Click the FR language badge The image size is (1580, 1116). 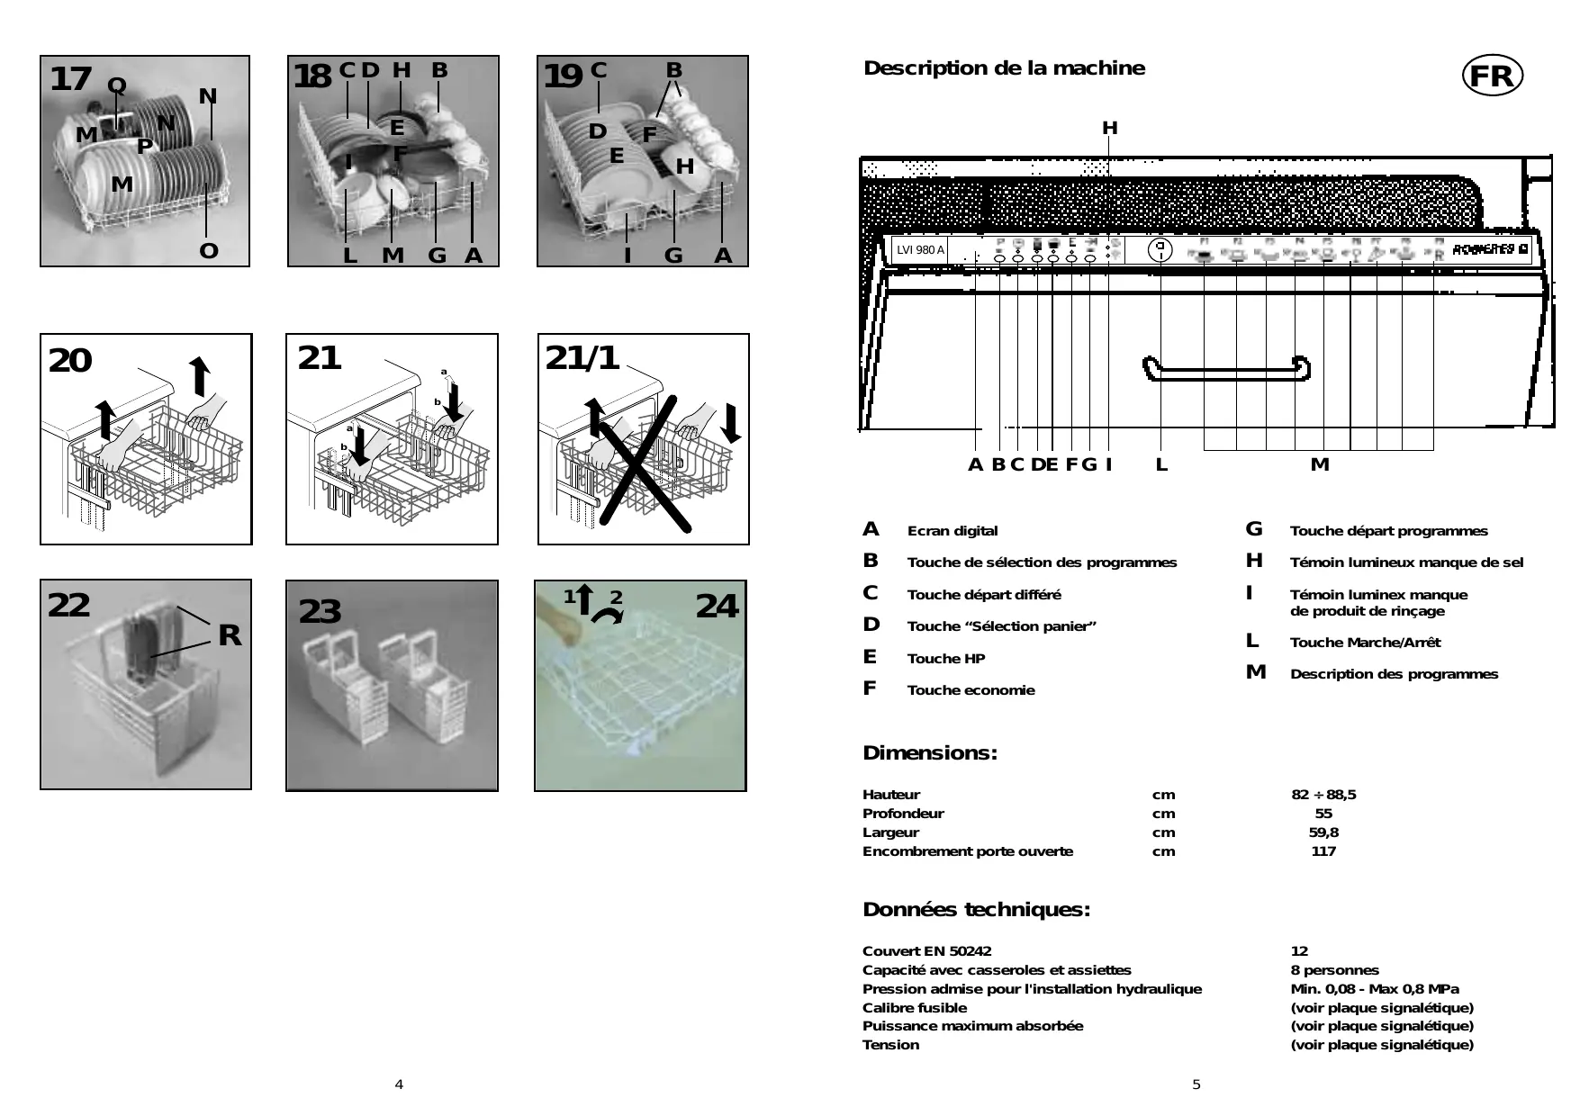click(1492, 76)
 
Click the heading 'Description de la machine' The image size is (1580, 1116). click(1004, 68)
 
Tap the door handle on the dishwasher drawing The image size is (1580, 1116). click(1225, 369)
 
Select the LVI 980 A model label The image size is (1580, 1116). click(920, 249)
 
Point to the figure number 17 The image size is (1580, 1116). click(70, 79)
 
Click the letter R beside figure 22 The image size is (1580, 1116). click(230, 635)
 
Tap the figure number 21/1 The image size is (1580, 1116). click(582, 358)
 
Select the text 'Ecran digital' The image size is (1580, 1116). click(952, 531)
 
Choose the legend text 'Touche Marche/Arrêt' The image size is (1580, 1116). click(1365, 643)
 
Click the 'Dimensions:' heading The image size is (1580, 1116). click(930, 753)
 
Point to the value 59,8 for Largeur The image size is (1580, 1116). click(1323, 832)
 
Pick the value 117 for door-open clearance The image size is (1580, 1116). click(1323, 851)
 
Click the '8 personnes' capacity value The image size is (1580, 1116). click(1334, 970)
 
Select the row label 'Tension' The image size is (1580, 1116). click(890, 1045)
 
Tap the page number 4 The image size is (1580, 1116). click(399, 1084)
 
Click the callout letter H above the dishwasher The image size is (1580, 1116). click(1109, 129)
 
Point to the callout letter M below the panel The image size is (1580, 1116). click(1319, 464)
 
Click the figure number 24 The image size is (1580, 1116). click(717, 606)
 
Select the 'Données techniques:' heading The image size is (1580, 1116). click(976, 910)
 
